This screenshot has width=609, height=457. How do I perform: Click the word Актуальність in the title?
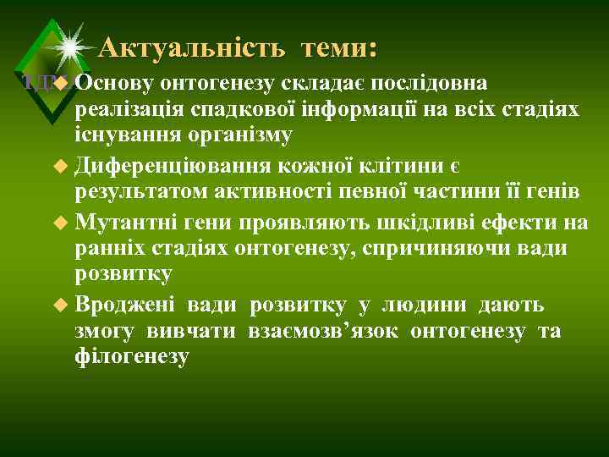pyautogui.click(x=191, y=48)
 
